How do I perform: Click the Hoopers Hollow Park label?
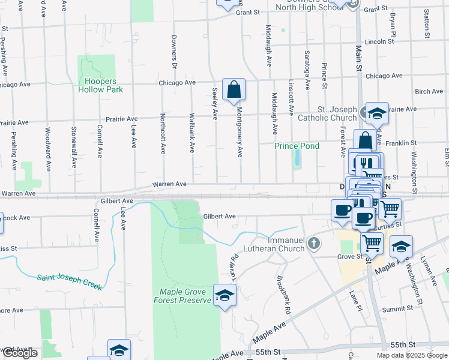(x=100, y=85)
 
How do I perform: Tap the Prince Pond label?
(x=297, y=146)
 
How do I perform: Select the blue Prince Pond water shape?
(x=297, y=159)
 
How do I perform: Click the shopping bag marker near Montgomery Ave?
(x=234, y=90)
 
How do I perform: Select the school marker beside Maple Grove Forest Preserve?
(x=225, y=296)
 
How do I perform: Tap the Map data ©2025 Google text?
(x=411, y=355)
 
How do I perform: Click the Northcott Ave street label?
(x=163, y=133)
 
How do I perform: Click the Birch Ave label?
(x=428, y=91)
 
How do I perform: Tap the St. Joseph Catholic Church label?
(x=328, y=113)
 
